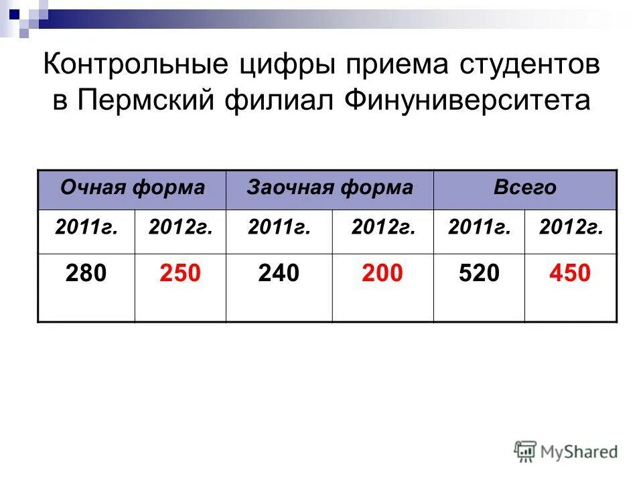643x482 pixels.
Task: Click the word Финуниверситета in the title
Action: pyautogui.click(x=468, y=100)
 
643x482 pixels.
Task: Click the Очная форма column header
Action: pyautogui.click(x=132, y=187)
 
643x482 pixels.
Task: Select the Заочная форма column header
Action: pyautogui.click(x=330, y=187)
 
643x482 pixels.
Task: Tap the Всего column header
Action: pyautogui.click(x=524, y=187)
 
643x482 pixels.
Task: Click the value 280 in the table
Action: pyautogui.click(x=86, y=273)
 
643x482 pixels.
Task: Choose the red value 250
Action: pyautogui.click(x=180, y=273)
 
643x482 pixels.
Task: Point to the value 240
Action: pyautogui.click(x=279, y=273)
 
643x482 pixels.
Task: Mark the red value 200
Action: pyautogui.click(x=383, y=273)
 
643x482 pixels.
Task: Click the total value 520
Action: pyautogui.click(x=480, y=273)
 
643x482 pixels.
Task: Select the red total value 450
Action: pyautogui.click(x=571, y=273)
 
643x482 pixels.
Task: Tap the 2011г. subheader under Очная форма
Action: pyautogui.click(x=87, y=228)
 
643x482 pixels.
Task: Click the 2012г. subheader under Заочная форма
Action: pyautogui.click(x=383, y=228)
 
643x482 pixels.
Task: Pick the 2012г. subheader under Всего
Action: pyautogui.click(x=571, y=228)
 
